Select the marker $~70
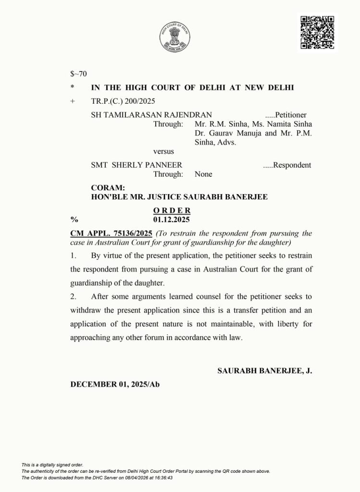click(x=78, y=74)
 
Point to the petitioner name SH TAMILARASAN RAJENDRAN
click(x=151, y=115)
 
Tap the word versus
click(x=163, y=152)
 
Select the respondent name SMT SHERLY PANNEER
click(x=137, y=165)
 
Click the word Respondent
click(x=289, y=165)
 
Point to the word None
click(x=203, y=174)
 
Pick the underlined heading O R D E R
click(x=172, y=210)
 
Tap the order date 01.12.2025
click(x=172, y=220)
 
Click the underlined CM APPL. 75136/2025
click(x=112, y=233)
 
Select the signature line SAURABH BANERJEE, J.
click(x=265, y=371)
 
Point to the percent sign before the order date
click(x=74, y=220)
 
